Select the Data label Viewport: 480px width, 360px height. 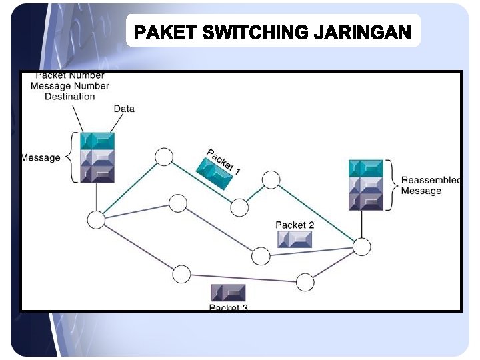(x=124, y=109)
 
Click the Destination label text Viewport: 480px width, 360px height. (x=70, y=97)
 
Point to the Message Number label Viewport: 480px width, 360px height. (x=70, y=86)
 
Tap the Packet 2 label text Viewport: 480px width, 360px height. (x=295, y=225)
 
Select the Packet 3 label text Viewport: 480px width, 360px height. (x=229, y=307)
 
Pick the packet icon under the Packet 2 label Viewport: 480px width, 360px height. (x=295, y=239)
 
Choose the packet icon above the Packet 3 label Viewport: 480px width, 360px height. (x=229, y=293)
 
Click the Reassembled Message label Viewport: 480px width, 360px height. (x=430, y=185)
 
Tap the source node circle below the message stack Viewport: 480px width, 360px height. (x=97, y=219)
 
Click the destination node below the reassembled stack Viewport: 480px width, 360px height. (x=361, y=247)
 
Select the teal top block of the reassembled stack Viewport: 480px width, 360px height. (x=366, y=168)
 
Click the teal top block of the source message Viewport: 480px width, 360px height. (x=97, y=141)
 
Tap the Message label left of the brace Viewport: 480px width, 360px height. (x=41, y=158)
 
